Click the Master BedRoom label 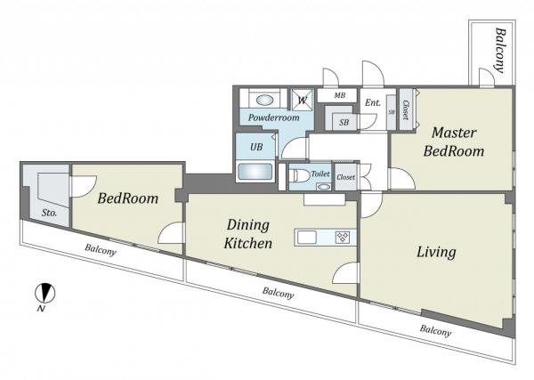point(454,141)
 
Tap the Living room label point(436,252)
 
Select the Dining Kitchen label point(248,234)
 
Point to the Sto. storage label point(49,214)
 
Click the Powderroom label point(274,117)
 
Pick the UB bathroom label point(256,147)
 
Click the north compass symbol point(45,293)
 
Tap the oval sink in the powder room point(264,100)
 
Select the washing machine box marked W point(302,100)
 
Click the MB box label point(340,95)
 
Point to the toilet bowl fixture point(297,176)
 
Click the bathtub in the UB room point(255,172)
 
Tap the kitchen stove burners point(343,237)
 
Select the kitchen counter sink point(307,237)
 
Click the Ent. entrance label point(373,102)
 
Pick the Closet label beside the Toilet point(345,177)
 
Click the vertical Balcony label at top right point(500,50)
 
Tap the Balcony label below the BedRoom point(101,250)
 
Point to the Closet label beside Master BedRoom point(406,109)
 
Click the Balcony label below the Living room point(435,330)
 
